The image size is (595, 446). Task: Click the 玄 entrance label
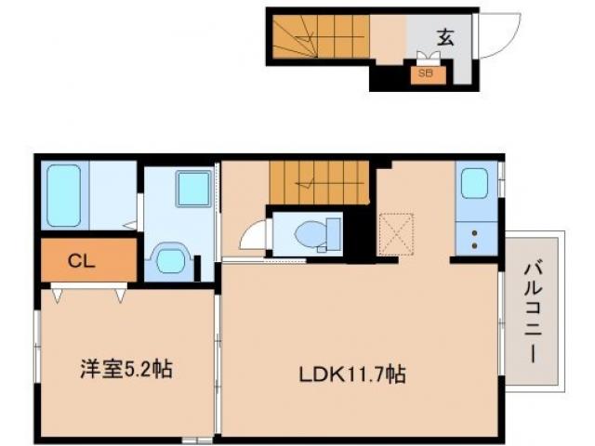click(446, 38)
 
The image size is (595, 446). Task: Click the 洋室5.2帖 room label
click(124, 369)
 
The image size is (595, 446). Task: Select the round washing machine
click(171, 258)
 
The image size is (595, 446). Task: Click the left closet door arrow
click(59, 295)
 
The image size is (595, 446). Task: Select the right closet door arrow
click(121, 295)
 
